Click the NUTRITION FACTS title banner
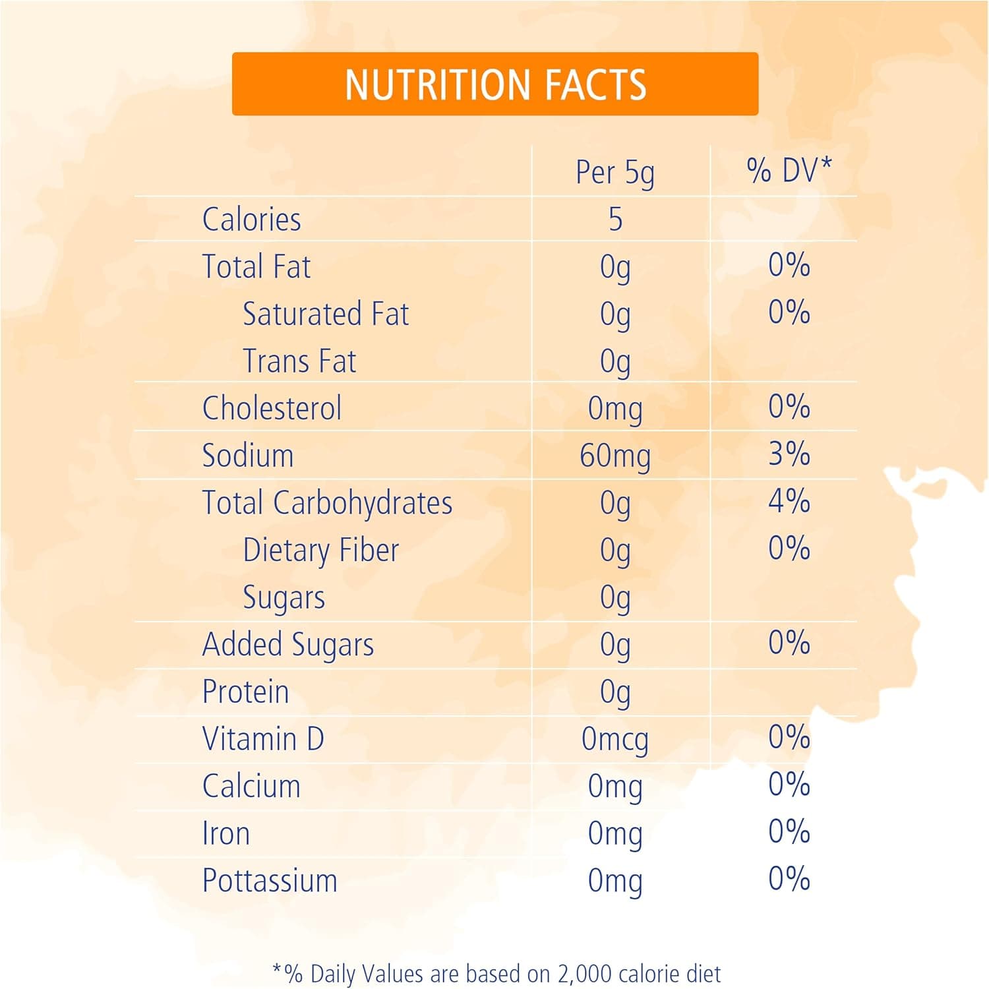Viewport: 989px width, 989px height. (494, 84)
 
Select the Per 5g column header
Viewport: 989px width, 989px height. (614, 172)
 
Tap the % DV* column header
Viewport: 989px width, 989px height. (789, 170)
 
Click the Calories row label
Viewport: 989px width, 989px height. (251, 220)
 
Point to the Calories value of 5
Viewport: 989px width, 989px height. (615, 220)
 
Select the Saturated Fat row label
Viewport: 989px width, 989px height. (326, 314)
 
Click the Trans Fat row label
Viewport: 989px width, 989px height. (299, 361)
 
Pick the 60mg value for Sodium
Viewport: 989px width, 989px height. (614, 456)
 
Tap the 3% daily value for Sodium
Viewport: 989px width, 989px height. (789, 454)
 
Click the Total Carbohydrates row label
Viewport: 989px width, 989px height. (327, 503)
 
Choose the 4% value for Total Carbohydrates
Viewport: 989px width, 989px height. (789, 501)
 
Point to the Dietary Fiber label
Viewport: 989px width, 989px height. (320, 551)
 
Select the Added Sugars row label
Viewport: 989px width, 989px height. (287, 645)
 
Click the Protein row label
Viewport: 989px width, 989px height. (245, 692)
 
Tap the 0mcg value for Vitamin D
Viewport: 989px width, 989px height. (614, 739)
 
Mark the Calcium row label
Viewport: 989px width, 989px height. (251, 786)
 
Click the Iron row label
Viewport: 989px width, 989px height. (226, 833)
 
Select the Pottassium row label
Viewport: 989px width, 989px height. (270, 881)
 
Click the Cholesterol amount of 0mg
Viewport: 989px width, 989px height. (614, 409)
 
